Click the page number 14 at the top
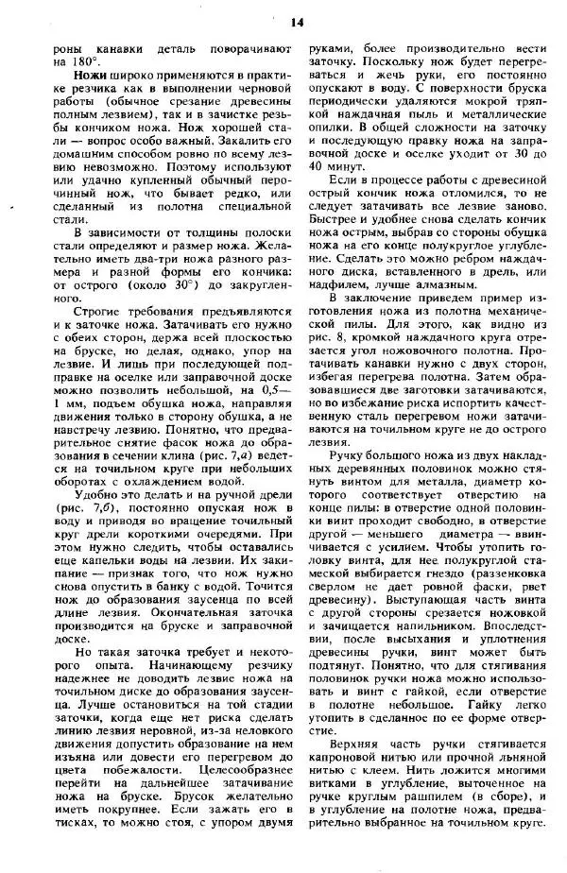296,22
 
